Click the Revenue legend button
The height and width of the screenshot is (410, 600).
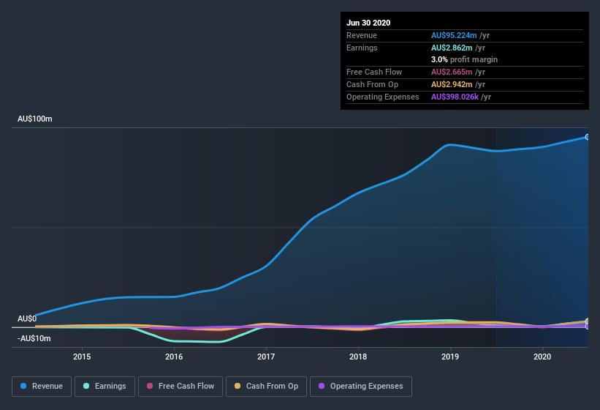(x=42, y=386)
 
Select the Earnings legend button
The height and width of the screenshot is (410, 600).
(x=105, y=386)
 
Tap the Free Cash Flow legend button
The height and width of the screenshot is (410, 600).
(x=180, y=386)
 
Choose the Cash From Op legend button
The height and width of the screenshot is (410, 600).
(x=265, y=386)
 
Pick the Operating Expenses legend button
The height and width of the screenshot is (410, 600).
(x=361, y=386)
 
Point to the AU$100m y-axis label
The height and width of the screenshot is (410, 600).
(x=35, y=119)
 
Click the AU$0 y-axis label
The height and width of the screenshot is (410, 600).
(x=27, y=319)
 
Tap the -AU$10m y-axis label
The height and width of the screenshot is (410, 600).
(x=34, y=338)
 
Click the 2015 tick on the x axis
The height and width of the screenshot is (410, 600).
(x=82, y=357)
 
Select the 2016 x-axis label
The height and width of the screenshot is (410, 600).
(x=174, y=357)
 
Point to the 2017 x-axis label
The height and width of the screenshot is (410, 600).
(x=266, y=357)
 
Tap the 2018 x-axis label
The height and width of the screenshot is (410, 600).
(x=358, y=357)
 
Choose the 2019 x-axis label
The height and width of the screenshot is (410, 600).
(x=450, y=357)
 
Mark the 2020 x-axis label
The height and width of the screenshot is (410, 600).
(x=542, y=357)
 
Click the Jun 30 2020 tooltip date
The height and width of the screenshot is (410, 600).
(x=368, y=23)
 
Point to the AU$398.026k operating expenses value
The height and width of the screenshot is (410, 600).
(x=460, y=97)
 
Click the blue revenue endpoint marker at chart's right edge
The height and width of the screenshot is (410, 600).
(x=587, y=137)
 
